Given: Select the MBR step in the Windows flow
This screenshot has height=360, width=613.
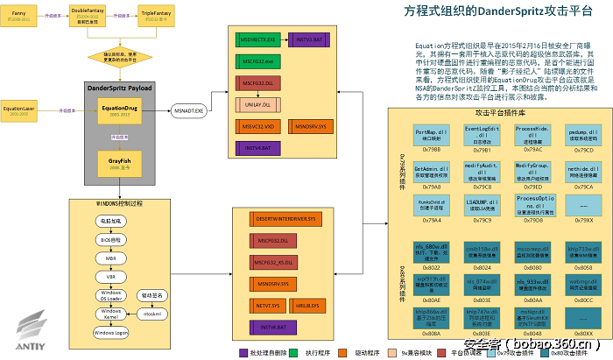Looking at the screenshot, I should pyautogui.click(x=110, y=258).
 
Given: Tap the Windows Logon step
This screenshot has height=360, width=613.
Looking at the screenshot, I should pyautogui.click(x=110, y=334).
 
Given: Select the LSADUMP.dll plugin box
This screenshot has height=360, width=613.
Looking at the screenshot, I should pyautogui.click(x=483, y=203).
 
